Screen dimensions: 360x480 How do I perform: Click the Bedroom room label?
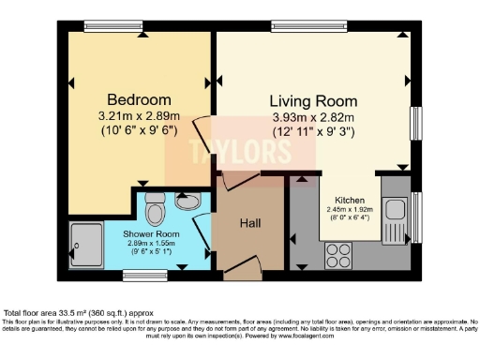pos(138,99)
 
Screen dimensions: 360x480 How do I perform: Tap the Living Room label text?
pos(313,100)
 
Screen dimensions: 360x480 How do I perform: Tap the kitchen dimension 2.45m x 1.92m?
pos(350,210)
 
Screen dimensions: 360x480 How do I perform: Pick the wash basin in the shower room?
pos(187,201)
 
